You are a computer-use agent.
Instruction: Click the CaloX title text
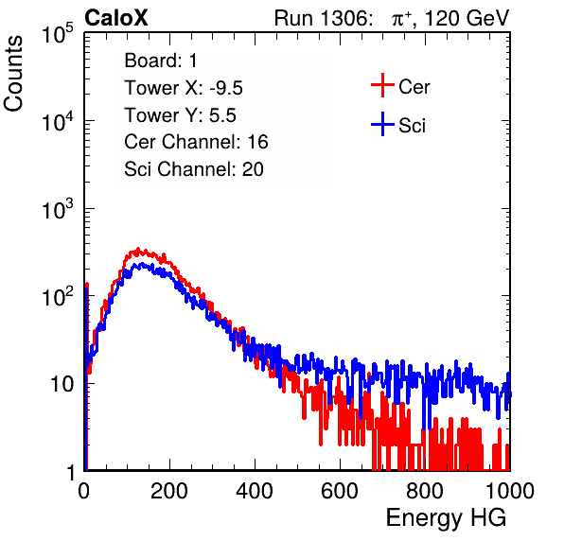pyautogui.click(x=116, y=18)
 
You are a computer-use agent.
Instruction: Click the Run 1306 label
pyautogui.click(x=323, y=18)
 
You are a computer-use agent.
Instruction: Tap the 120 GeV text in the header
pyautogui.click(x=467, y=18)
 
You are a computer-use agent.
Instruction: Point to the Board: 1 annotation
pyautogui.click(x=161, y=61)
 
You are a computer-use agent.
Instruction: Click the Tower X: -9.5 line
pyautogui.click(x=184, y=88)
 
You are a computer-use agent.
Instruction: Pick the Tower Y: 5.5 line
pyautogui.click(x=180, y=115)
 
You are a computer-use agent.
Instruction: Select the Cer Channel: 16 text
pyautogui.click(x=196, y=142)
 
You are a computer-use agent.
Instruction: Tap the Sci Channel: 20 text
pyautogui.click(x=194, y=169)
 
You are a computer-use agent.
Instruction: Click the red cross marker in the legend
pyautogui.click(x=382, y=85)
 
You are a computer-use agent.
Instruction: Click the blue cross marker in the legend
pyautogui.click(x=382, y=124)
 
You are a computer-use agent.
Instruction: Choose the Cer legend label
pyautogui.click(x=414, y=87)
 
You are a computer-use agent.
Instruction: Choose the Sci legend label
pyautogui.click(x=412, y=126)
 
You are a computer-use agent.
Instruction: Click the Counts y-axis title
pyautogui.click(x=13, y=73)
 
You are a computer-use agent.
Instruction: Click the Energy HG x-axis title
pyautogui.click(x=446, y=518)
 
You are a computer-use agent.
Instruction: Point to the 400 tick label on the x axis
pyautogui.click(x=255, y=491)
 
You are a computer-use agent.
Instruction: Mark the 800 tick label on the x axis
pyautogui.click(x=425, y=491)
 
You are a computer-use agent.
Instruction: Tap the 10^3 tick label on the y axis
pyautogui.click(x=58, y=208)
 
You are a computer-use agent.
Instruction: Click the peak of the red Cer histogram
pyautogui.click(x=138, y=249)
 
